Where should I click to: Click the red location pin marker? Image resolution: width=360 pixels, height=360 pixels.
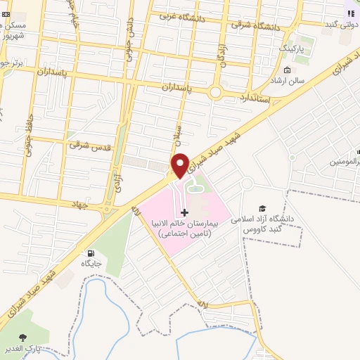pos(180,164)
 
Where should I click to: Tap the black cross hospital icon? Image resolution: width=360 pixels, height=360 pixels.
pos(185,212)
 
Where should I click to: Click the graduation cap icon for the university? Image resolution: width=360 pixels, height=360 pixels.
pos(262,208)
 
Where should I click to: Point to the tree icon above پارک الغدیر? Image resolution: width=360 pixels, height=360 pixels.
pos(26,336)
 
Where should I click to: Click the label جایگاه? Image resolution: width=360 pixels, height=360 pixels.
pos(91,264)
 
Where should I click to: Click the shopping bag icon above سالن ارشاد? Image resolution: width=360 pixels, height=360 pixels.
pos(287,70)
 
